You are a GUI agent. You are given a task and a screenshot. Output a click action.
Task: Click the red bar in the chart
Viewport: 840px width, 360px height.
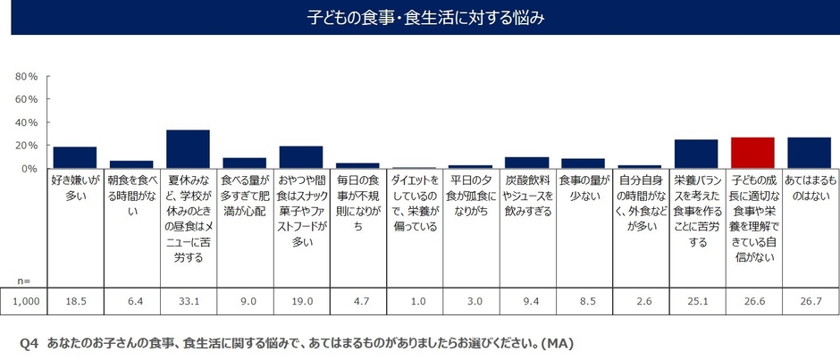tap(752, 153)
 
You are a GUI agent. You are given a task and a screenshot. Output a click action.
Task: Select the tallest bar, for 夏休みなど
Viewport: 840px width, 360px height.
tap(188, 149)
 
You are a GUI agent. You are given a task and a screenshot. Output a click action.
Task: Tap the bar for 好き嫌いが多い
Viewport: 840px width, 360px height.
tap(75, 157)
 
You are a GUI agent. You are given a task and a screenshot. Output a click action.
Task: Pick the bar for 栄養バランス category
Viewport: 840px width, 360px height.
tap(695, 154)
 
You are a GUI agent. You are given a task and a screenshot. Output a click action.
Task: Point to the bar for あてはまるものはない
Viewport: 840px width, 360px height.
tap(809, 153)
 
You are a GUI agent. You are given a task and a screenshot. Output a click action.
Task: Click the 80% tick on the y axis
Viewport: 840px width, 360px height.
tap(26, 76)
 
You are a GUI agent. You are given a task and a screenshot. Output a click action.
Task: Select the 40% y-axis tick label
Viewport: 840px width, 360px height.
tap(26, 122)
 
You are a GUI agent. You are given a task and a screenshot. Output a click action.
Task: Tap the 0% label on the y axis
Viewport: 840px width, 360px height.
tap(29, 168)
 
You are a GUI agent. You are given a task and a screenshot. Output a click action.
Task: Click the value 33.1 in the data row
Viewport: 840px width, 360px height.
tap(188, 303)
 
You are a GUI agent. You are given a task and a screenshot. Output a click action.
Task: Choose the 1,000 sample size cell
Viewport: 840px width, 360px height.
tap(26, 303)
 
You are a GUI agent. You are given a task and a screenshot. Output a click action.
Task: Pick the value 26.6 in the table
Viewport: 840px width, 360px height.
tap(752, 303)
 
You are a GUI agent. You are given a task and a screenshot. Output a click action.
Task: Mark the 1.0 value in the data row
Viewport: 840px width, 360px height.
tap(414, 303)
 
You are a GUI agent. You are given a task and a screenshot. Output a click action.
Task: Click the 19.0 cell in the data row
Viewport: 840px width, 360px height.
tap(301, 303)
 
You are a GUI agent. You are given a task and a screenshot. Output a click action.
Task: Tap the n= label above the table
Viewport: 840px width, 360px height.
tap(26, 279)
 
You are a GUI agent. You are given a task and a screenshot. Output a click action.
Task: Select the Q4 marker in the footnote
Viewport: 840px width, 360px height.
tap(29, 343)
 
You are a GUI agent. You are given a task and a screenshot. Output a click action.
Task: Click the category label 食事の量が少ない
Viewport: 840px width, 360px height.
tap(583, 187)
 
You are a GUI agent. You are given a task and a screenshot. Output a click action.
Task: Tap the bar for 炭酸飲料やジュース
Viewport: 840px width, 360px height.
tap(526, 163)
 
